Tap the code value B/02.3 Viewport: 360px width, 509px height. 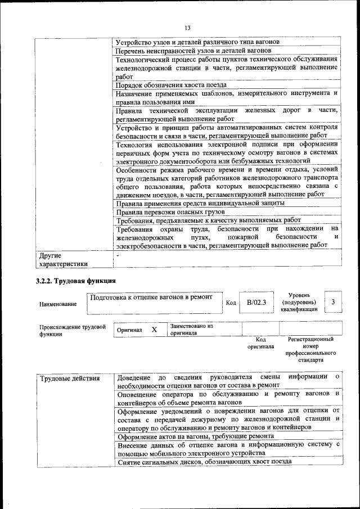(256, 303)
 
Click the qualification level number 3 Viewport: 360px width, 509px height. (334, 302)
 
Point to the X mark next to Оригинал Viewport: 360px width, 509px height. (154, 330)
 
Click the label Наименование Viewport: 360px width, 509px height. (58, 304)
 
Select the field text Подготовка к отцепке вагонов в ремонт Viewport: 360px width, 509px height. (151, 297)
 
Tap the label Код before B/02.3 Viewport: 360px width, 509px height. (231, 303)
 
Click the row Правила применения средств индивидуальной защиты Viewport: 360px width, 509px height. (200, 202)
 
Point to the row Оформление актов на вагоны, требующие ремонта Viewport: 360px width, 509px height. (196, 436)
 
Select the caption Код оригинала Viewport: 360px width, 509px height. (260, 343)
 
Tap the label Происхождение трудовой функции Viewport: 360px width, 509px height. (73, 330)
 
